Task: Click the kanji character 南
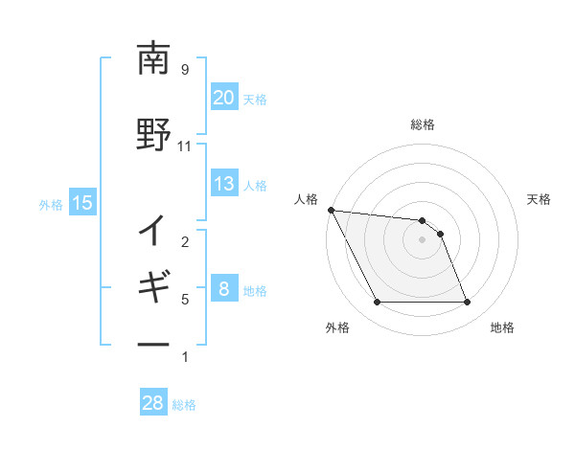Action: (x=153, y=59)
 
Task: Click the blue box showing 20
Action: (x=223, y=98)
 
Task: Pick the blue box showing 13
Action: (x=223, y=185)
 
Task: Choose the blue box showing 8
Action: (x=223, y=290)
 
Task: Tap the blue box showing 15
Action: (x=81, y=203)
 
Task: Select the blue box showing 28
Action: (x=152, y=403)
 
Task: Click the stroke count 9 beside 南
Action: (x=185, y=70)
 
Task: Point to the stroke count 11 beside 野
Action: (x=185, y=146)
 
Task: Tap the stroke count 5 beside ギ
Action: (x=185, y=300)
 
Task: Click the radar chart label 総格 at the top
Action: (x=423, y=124)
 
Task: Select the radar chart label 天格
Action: (x=540, y=199)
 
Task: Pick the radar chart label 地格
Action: (x=502, y=327)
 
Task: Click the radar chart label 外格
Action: (x=337, y=327)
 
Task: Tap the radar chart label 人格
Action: (x=306, y=199)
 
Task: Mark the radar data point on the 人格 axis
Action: (x=332, y=210)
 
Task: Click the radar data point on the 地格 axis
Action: (x=468, y=303)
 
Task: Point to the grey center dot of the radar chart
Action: (x=423, y=239)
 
